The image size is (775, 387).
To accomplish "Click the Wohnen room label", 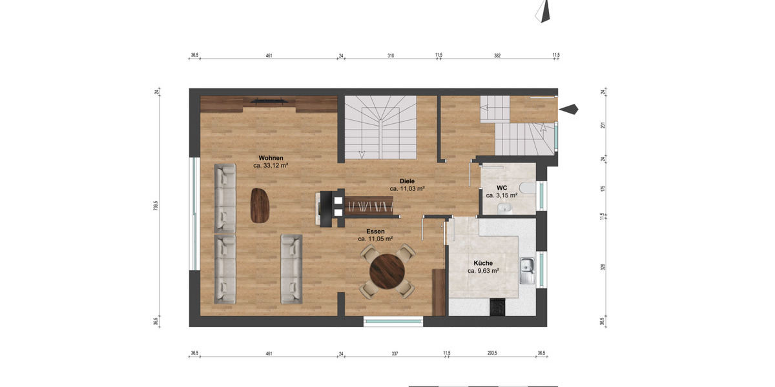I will [x=271, y=158].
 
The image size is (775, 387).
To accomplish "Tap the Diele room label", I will [x=407, y=181].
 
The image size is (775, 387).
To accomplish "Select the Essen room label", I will [x=375, y=231].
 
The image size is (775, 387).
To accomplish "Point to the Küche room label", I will [x=483, y=263].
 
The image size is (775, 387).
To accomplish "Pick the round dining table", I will [x=388, y=272].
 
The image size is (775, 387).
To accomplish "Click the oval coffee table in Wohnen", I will [x=260, y=205].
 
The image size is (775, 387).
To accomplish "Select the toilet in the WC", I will [x=528, y=188].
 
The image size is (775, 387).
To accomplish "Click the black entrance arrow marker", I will [x=568, y=110].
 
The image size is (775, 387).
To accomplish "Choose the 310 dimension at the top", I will [x=391, y=56].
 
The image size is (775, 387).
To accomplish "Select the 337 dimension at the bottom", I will [x=395, y=353].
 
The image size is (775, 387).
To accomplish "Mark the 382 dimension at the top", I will [x=497, y=56].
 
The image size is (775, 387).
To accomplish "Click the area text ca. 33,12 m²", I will [x=271, y=166].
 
